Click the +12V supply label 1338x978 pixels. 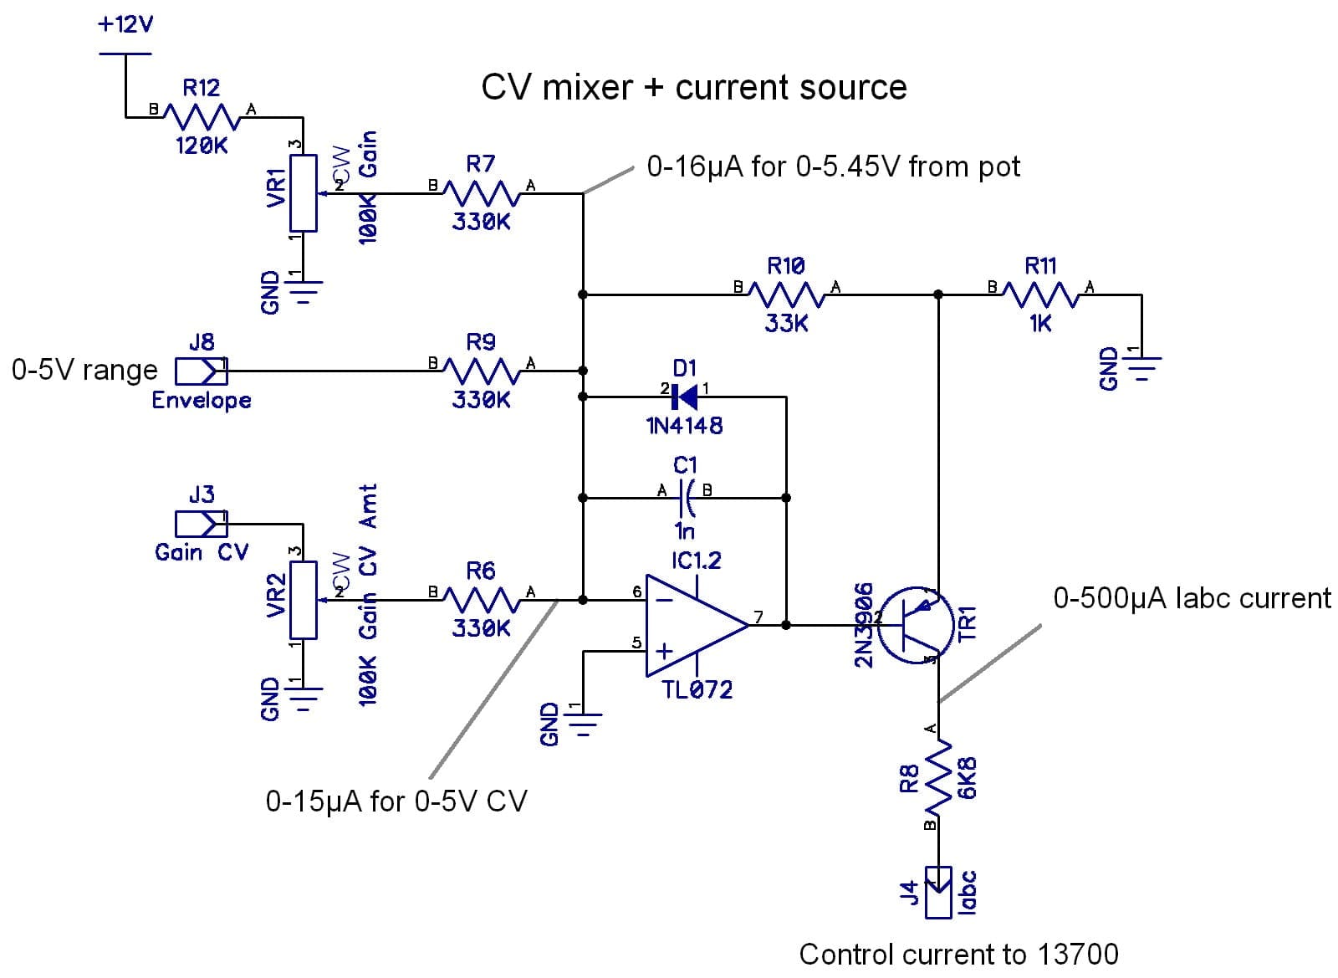pos(125,24)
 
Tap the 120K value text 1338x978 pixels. pos(202,146)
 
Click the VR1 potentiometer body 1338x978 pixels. pos(303,192)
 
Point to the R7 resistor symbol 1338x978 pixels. pos(481,193)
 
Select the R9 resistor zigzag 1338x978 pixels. pos(481,370)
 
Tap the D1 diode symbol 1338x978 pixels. pos(685,397)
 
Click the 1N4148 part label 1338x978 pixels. pos(685,426)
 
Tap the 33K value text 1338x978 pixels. pos(786,324)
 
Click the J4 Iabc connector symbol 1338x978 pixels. pos(938,890)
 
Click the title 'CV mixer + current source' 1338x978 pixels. pos(694,88)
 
